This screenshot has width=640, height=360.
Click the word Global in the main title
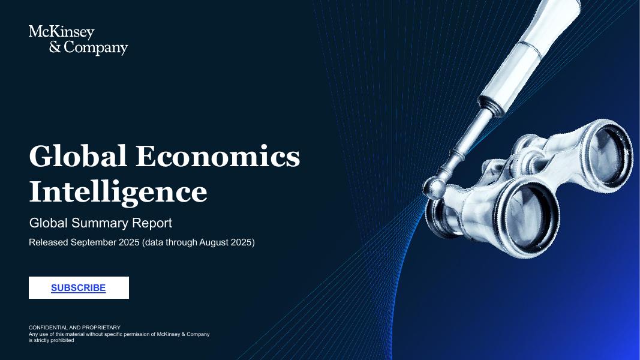pyautogui.click(x=78, y=157)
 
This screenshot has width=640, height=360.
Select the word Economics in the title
pyautogui.click(x=218, y=157)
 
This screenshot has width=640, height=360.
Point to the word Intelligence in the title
pyautogui.click(x=118, y=192)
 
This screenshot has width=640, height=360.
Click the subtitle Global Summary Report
pyautogui.click(x=101, y=223)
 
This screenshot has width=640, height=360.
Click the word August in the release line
pyautogui.click(x=207, y=242)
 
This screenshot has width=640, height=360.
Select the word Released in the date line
pyautogui.click(x=48, y=242)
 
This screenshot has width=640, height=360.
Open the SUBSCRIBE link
pyautogui.click(x=79, y=288)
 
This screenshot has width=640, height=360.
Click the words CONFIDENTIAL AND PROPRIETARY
pyautogui.click(x=74, y=328)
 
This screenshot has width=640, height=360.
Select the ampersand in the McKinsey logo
pyautogui.click(x=55, y=48)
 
